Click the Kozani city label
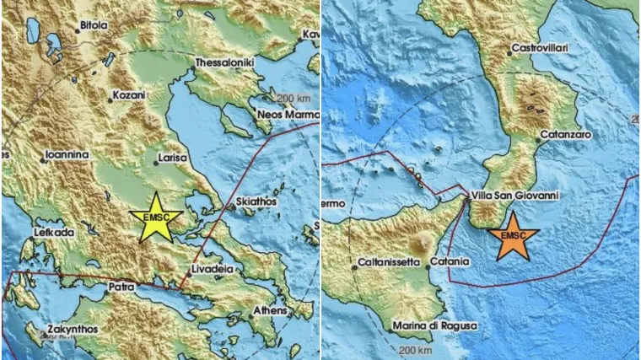click(x=130, y=96)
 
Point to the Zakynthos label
click(x=73, y=329)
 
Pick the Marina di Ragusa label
click(x=437, y=325)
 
